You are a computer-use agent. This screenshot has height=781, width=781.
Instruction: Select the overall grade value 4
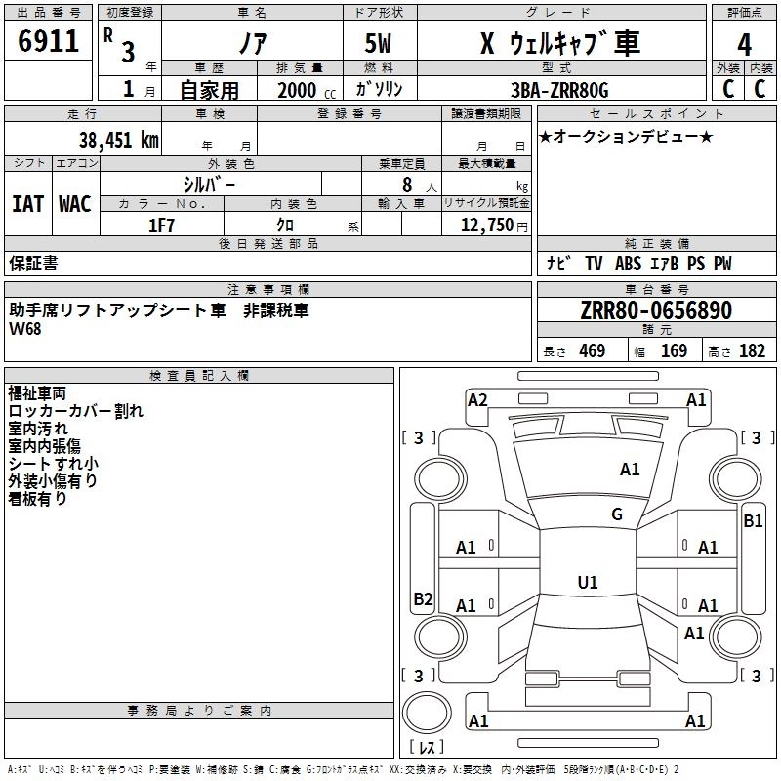(x=744, y=45)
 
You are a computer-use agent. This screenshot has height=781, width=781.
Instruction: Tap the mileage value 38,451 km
(x=119, y=141)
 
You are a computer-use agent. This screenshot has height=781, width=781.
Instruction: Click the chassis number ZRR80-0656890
(x=656, y=311)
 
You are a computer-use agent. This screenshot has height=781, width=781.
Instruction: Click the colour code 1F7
(x=161, y=224)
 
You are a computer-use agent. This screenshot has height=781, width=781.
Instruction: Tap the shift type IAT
(x=27, y=203)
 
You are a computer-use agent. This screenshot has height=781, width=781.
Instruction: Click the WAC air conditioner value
(x=74, y=203)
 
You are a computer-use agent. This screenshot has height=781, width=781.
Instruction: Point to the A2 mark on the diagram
(x=477, y=399)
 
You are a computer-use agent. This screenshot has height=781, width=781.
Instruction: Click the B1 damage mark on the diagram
(x=753, y=521)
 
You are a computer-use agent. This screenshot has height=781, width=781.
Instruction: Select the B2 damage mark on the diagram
(x=423, y=598)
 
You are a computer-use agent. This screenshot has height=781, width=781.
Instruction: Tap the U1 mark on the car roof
(x=588, y=582)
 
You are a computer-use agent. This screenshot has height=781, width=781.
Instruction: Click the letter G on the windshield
(x=617, y=514)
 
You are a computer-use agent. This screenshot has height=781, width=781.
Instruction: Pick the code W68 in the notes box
(x=26, y=329)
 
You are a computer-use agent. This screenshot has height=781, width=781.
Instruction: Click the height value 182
(x=753, y=351)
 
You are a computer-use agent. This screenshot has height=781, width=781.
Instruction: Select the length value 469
(x=592, y=351)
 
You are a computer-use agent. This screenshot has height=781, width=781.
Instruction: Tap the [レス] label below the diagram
(x=426, y=748)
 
